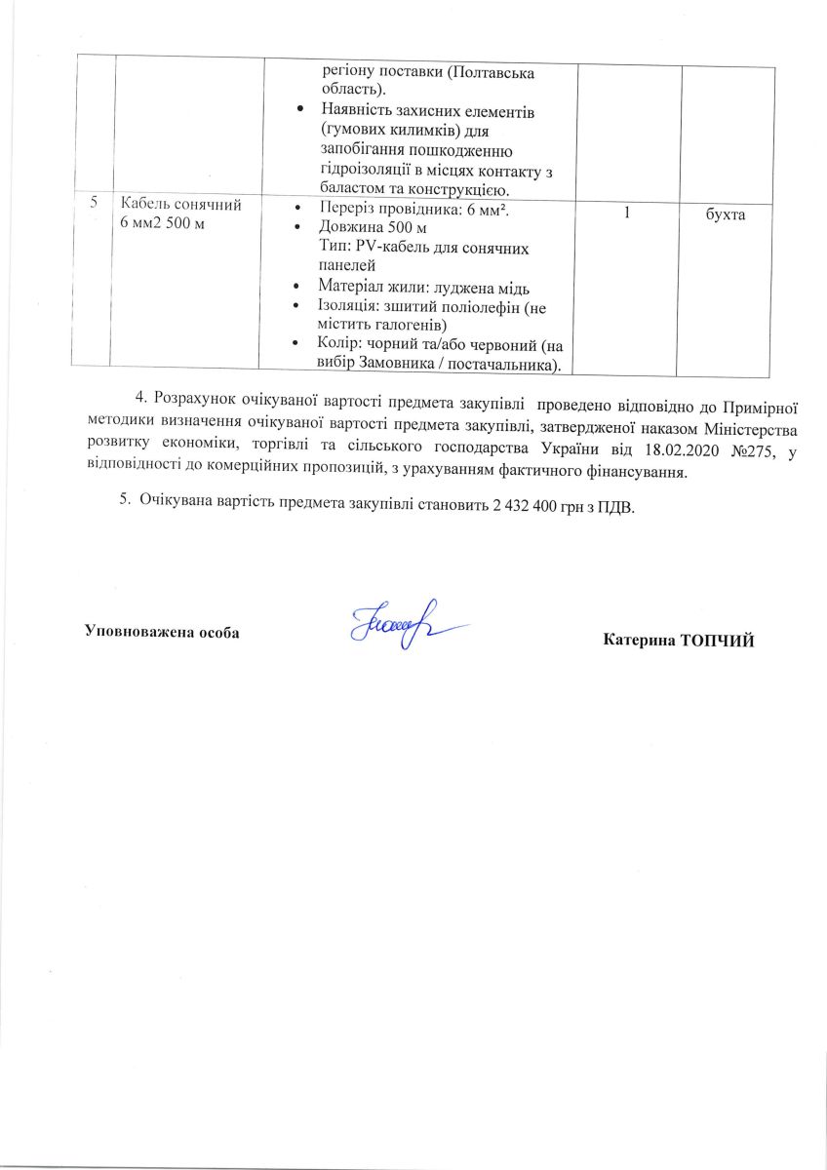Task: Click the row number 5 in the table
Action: (94, 203)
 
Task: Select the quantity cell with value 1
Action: (628, 211)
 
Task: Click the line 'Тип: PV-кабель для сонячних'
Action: (423, 248)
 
